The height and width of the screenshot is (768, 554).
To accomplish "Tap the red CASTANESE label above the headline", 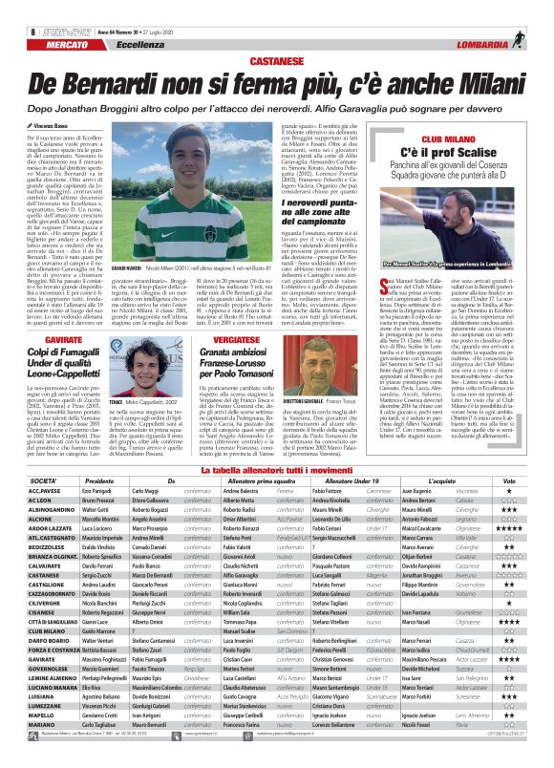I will pos(276,58).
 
